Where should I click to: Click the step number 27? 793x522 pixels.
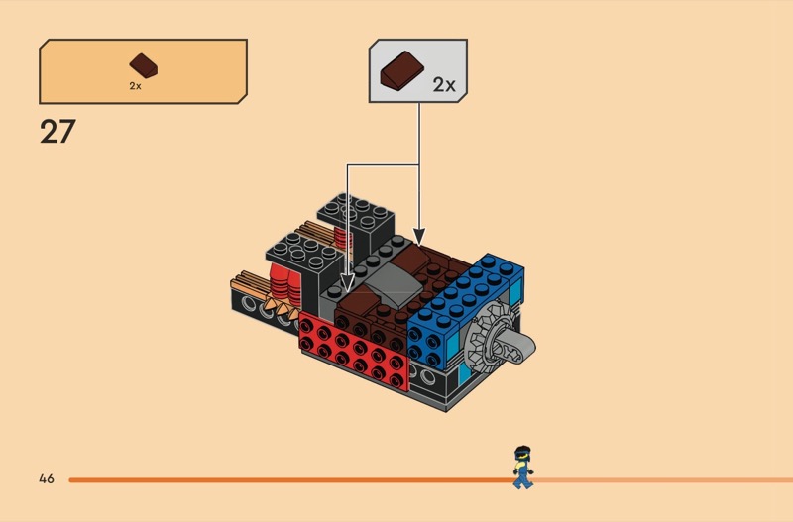pos(57,132)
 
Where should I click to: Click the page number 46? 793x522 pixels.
pos(47,479)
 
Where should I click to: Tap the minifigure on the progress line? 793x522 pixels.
pos(521,467)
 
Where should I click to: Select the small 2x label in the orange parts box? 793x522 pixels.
pos(136,86)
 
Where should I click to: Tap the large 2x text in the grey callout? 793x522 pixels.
pos(443,84)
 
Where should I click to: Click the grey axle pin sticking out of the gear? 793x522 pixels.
pos(524,345)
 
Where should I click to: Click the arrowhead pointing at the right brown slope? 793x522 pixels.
pos(418,239)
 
